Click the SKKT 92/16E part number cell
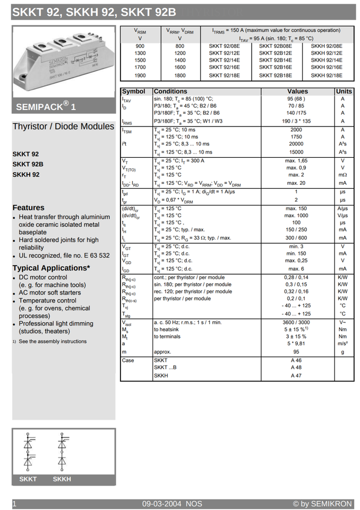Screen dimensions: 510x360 click(x=224, y=67)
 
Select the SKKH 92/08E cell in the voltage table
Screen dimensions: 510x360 click(x=327, y=46)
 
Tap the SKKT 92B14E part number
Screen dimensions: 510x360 click(x=275, y=60)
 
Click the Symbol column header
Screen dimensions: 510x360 click(x=133, y=91)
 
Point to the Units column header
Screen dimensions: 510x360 click(x=344, y=91)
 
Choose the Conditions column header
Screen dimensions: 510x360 click(x=170, y=91)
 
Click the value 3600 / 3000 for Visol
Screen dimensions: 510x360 click(x=296, y=322)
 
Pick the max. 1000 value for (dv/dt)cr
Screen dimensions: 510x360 click(x=296, y=216)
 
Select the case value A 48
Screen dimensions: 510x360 click(x=296, y=368)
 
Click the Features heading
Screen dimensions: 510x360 click(x=29, y=208)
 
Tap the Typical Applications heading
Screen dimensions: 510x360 click(x=51, y=268)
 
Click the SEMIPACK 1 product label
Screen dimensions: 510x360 click(x=46, y=106)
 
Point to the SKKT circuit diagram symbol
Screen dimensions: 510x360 click(x=28, y=452)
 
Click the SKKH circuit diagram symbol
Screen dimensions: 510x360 click(x=62, y=452)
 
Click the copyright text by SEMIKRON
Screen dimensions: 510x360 click(x=322, y=504)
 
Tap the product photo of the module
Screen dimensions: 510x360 click(x=63, y=61)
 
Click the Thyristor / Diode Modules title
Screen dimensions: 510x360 click(x=63, y=126)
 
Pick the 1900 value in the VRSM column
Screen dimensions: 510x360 click(x=140, y=75)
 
